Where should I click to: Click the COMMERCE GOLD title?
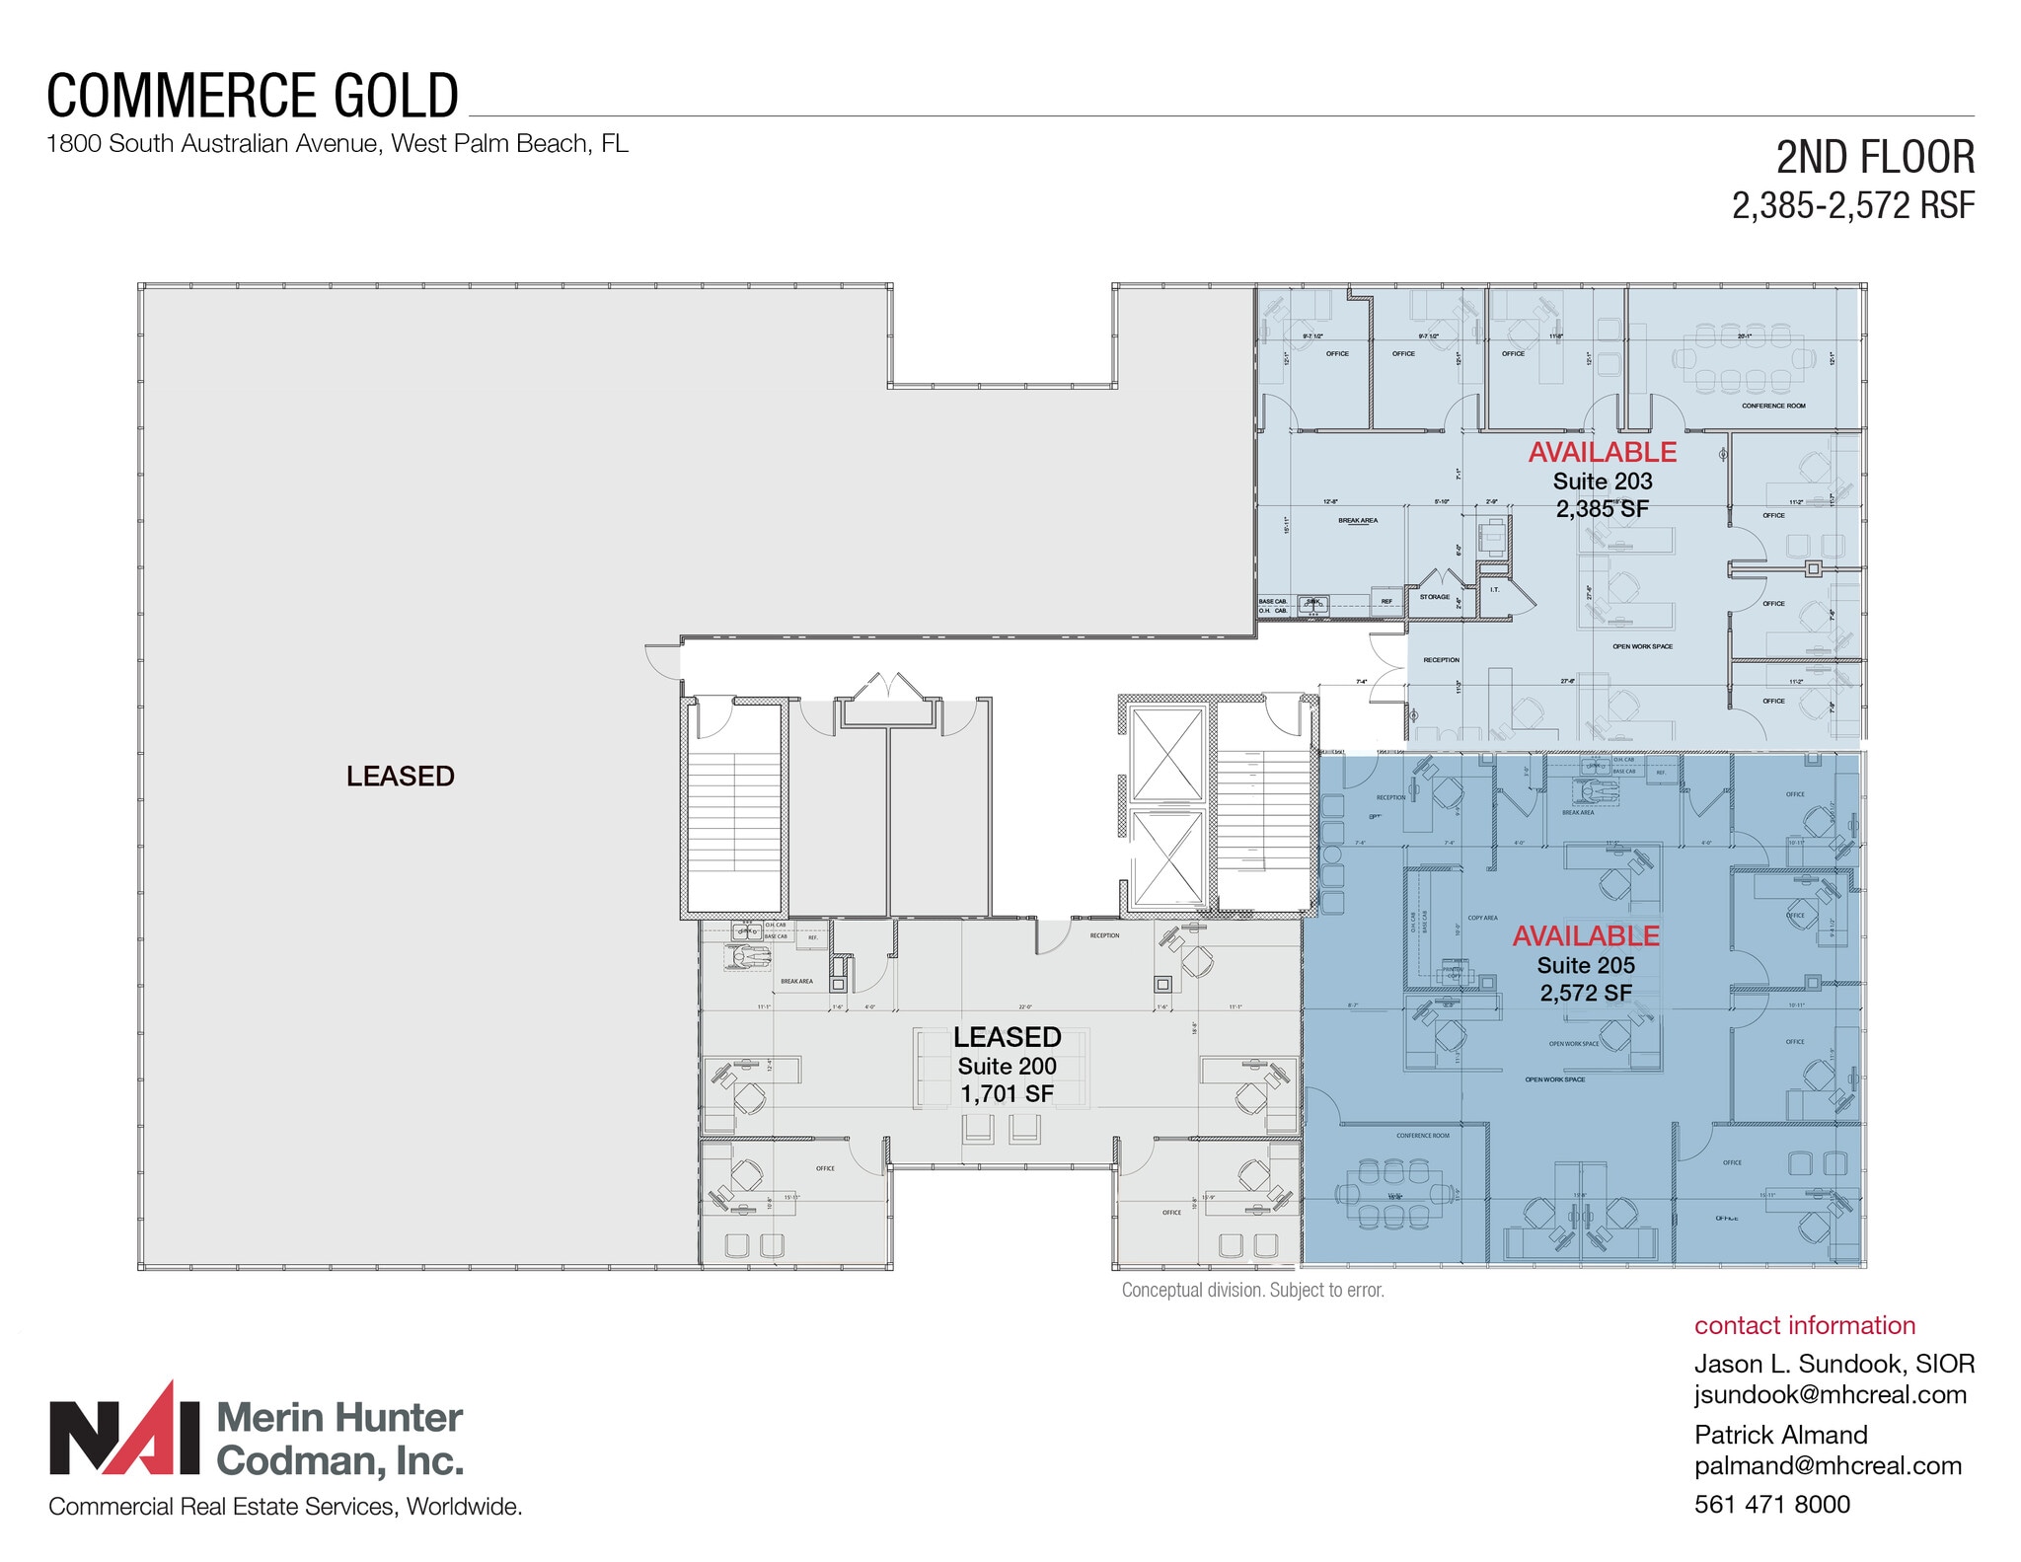tap(253, 97)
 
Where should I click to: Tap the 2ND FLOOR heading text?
tap(1874, 158)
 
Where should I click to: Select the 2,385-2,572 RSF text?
tap(1852, 206)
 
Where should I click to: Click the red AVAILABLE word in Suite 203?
tap(1602, 452)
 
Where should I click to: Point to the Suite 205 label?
tap(1585, 965)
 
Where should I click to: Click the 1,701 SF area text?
tap(1007, 1093)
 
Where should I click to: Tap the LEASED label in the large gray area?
tap(400, 777)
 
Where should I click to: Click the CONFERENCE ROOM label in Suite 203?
tap(1773, 406)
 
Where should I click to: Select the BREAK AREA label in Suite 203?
tap(1358, 520)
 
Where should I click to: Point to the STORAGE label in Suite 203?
tap(1434, 597)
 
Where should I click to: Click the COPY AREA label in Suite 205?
tap(1482, 918)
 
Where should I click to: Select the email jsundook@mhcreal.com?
tap(1830, 1394)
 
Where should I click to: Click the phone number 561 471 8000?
tap(1771, 1504)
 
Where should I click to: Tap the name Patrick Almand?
tap(1780, 1435)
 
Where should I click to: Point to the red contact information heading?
tap(1804, 1325)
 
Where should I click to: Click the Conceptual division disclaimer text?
tap(1252, 1290)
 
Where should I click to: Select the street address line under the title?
tap(337, 144)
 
